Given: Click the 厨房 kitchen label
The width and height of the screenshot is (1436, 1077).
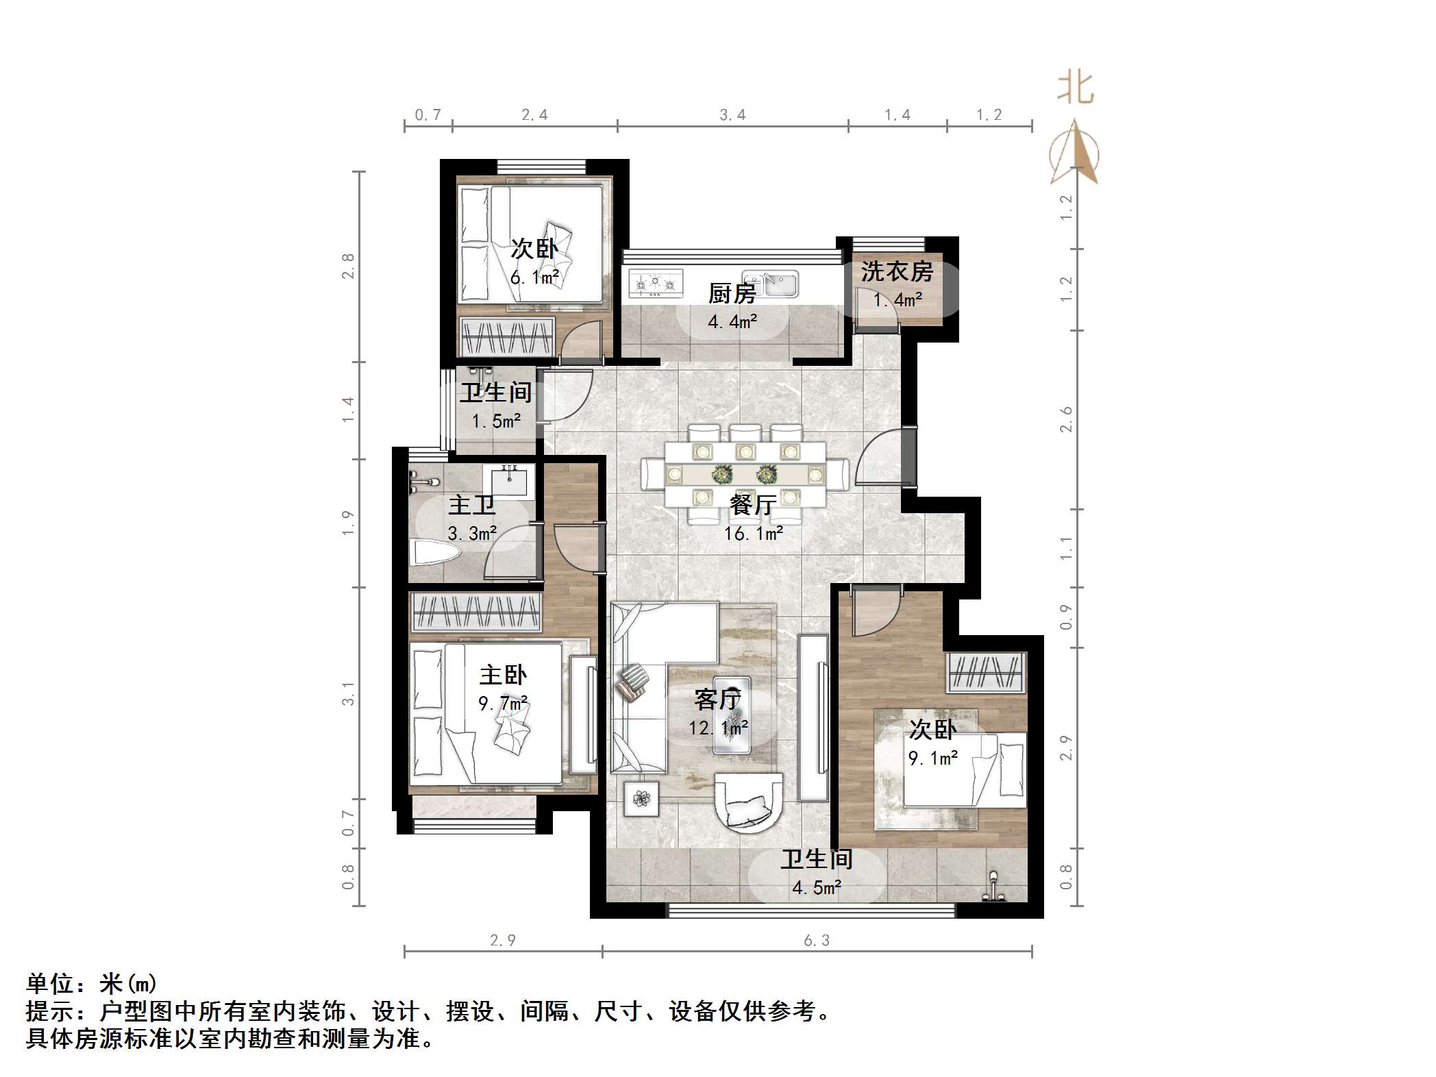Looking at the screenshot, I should click(x=732, y=294).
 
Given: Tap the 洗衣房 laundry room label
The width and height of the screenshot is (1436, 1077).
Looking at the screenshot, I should click(x=897, y=272).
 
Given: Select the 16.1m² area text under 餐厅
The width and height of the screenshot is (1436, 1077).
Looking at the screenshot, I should click(x=754, y=534).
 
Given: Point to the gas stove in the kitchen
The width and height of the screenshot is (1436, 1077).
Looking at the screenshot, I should click(x=656, y=284).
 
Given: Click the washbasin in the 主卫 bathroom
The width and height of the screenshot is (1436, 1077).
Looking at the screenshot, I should click(x=509, y=480).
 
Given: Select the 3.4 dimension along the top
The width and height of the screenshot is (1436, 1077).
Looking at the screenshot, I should click(x=732, y=115).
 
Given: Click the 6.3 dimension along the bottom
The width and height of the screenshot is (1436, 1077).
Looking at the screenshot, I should click(x=817, y=941).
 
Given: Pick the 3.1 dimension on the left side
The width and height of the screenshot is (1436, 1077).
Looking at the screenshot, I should click(x=348, y=693).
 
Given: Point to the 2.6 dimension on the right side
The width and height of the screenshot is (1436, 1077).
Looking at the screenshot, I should click(x=1065, y=419).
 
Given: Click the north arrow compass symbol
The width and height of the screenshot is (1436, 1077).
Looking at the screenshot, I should click(x=1074, y=153).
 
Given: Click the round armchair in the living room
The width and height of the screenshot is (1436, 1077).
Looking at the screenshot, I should click(x=748, y=801).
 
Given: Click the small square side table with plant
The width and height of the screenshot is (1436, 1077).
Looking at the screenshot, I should click(x=641, y=798).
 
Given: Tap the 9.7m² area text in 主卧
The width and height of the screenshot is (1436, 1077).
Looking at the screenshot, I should click(x=503, y=704).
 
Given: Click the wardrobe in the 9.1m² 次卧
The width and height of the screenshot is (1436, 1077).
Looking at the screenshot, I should click(x=986, y=672).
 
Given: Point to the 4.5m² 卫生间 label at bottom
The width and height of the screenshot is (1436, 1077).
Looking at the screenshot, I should click(x=817, y=888).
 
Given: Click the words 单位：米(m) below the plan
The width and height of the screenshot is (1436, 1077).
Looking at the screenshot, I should click(x=92, y=984).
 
